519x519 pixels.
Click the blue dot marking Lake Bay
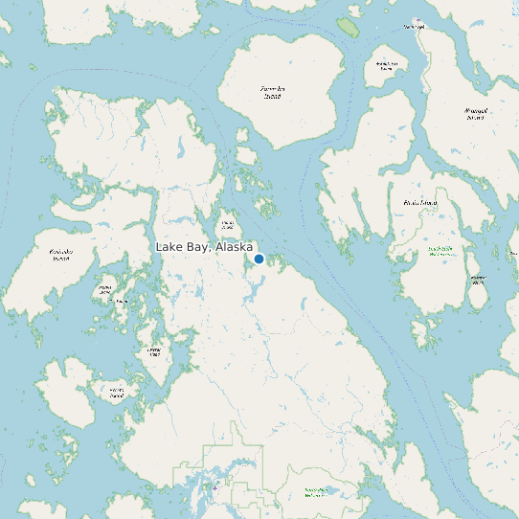pos(259,259)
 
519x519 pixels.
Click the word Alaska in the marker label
pos(235,247)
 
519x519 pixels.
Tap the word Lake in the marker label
pos(169,247)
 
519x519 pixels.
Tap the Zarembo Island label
pos(273,92)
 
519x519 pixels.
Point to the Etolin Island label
pos(420,203)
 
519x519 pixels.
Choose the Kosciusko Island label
pos(60,255)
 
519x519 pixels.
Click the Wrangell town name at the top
pos(414,26)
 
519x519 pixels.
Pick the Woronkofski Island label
pos(386,66)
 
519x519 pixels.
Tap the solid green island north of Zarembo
pos(348,28)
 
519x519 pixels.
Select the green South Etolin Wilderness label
pos(440,250)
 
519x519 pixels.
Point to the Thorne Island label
pos(228,226)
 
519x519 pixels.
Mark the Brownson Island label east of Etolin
pos(478,280)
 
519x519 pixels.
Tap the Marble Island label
pos(105,289)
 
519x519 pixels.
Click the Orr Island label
pos(122,302)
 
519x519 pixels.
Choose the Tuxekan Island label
pos(153,352)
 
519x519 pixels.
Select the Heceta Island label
pos(117,392)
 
